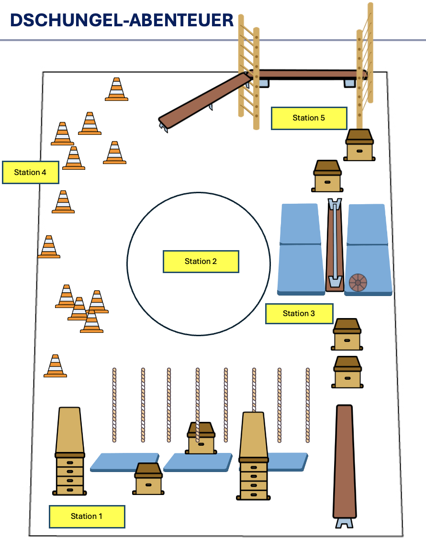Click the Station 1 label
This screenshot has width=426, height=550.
[87, 517]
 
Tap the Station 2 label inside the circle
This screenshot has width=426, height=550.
[201, 261]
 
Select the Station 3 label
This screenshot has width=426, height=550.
[299, 313]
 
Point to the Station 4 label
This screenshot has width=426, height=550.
[30, 172]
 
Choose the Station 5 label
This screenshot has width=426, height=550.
[309, 118]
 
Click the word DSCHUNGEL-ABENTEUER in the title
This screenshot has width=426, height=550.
[122, 20]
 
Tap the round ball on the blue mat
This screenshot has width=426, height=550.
[358, 282]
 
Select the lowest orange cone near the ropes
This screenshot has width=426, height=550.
[55, 366]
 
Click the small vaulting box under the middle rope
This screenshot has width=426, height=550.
[201, 438]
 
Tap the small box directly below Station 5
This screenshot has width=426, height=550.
[359, 145]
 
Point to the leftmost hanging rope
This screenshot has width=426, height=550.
[114, 405]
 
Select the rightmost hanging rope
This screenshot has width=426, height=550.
[308, 405]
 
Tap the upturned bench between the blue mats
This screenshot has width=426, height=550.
[335, 245]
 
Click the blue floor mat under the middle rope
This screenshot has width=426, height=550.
[198, 462]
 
